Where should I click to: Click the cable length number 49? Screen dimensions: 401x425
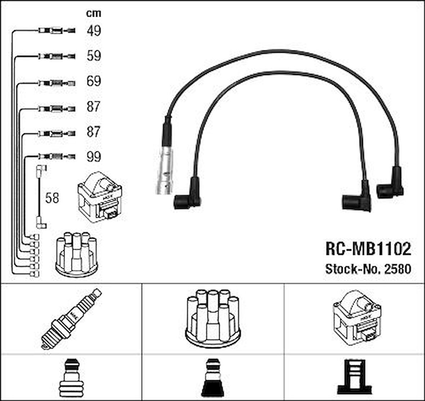click(94, 31)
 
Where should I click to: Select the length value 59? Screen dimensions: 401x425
click(94, 56)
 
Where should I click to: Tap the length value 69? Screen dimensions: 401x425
click(94, 81)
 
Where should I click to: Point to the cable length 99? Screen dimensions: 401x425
click(94, 157)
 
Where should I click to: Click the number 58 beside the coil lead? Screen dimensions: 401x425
click(52, 198)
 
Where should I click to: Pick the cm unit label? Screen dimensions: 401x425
click(94, 14)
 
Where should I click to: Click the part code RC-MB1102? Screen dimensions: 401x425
click(368, 248)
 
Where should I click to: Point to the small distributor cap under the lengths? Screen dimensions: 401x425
click(76, 254)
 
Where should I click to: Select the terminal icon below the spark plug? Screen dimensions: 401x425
click(71, 376)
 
